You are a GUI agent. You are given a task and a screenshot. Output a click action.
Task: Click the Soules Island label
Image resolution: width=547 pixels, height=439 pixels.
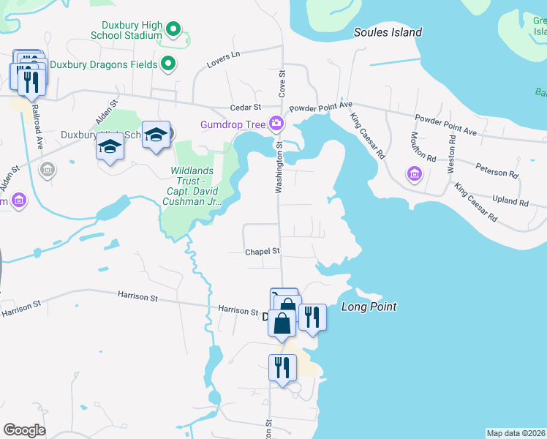click(x=388, y=32)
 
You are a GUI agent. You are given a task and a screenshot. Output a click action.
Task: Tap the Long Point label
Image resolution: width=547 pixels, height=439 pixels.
click(x=369, y=307)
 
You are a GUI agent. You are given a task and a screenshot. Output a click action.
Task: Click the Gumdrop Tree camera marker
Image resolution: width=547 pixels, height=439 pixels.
click(x=276, y=124)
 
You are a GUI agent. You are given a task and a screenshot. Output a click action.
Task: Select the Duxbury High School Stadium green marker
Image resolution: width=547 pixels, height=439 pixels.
click(x=173, y=30)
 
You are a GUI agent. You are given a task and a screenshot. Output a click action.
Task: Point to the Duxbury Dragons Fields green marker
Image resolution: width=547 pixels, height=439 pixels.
click(x=168, y=64)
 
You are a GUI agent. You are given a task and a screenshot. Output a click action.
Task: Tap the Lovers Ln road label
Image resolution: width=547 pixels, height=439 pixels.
click(x=225, y=55)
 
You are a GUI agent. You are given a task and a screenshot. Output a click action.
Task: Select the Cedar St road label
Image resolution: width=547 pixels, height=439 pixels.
click(x=246, y=107)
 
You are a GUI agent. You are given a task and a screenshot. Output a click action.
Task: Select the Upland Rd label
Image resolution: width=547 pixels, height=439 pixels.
click(x=511, y=201)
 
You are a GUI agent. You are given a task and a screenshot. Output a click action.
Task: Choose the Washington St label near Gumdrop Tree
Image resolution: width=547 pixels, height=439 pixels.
click(x=279, y=168)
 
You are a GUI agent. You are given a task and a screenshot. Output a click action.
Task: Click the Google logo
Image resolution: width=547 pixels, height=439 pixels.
click(x=24, y=430)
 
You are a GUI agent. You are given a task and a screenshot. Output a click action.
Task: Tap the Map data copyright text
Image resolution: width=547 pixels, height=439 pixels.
click(x=516, y=433)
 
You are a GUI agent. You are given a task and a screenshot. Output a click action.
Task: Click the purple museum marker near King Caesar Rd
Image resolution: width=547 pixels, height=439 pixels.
click(x=415, y=174)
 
